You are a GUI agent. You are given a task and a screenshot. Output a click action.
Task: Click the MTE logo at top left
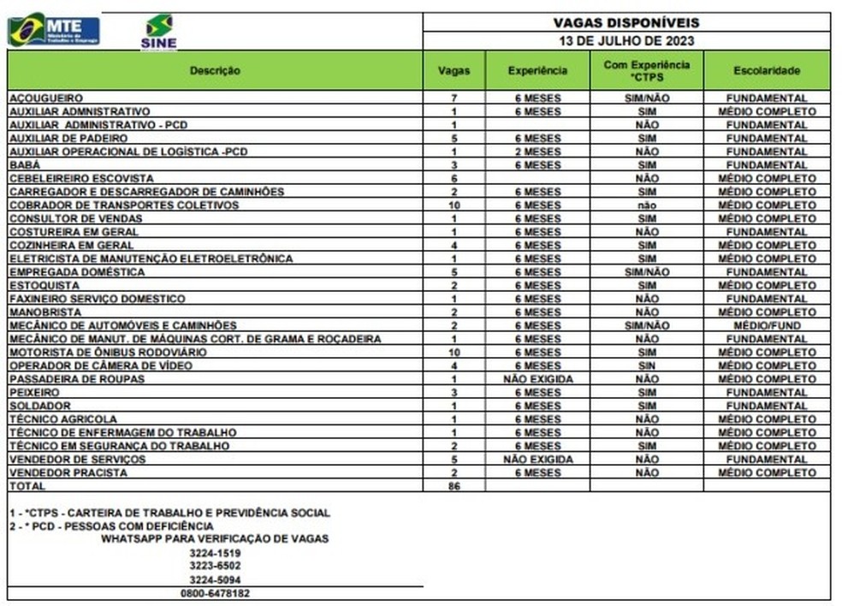[x=54, y=30]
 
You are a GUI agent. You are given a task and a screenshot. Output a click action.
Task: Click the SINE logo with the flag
[x=158, y=32]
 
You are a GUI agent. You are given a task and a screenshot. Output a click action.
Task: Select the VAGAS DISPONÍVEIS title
[x=626, y=23]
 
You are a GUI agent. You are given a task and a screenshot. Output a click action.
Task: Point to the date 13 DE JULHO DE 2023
[x=626, y=40]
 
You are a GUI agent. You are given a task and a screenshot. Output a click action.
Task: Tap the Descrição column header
[x=215, y=70]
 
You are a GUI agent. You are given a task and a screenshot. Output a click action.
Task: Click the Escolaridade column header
[x=766, y=70]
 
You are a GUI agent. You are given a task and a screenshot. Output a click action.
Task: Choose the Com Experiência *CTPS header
[x=647, y=70]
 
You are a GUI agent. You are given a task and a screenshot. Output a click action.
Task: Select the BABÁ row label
[x=24, y=165]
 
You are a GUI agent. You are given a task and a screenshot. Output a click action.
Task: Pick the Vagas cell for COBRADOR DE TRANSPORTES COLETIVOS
[x=454, y=205]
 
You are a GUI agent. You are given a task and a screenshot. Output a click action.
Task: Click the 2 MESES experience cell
[x=537, y=151]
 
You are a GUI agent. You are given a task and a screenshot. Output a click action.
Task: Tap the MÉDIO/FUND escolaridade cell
[x=767, y=326]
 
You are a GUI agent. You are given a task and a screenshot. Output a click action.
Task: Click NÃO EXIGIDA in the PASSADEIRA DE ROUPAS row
[x=537, y=379]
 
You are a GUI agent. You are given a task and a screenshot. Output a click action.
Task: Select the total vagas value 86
[x=454, y=485]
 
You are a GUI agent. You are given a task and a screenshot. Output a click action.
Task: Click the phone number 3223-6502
[x=215, y=566]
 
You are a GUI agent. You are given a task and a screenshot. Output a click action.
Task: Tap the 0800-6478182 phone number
[x=215, y=592]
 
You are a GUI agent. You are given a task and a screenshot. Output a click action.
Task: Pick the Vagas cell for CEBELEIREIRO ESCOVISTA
[x=454, y=178]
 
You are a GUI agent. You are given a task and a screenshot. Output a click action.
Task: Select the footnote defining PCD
[x=111, y=526]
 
